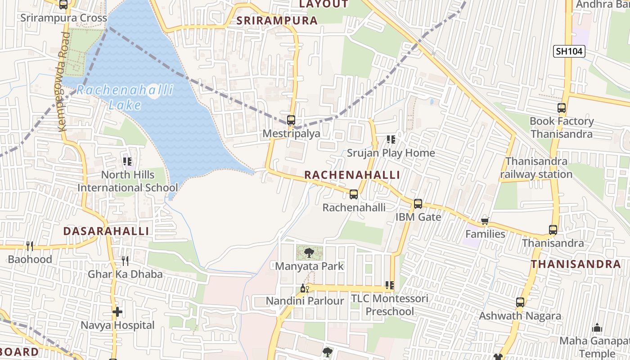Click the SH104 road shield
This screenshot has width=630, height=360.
pyautogui.click(x=569, y=51)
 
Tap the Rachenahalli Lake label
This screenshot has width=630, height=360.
pyautogui.click(x=125, y=97)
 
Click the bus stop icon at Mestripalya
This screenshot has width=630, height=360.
pyautogui.click(x=291, y=120)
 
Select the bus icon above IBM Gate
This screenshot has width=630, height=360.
pyautogui.click(x=418, y=204)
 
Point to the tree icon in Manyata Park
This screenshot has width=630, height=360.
pyautogui.click(x=309, y=253)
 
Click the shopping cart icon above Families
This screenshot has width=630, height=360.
pyautogui.click(x=485, y=221)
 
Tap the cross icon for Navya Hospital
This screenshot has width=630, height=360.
pyautogui.click(x=117, y=311)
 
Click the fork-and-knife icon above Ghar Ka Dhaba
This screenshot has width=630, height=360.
pyautogui.click(x=125, y=261)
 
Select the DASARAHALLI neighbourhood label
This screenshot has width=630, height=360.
pyautogui.click(x=106, y=231)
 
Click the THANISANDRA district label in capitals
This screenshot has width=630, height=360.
pyautogui.click(x=576, y=264)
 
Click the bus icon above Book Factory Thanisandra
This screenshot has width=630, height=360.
pyautogui.click(x=561, y=108)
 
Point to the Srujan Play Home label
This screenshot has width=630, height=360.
pyautogui.click(x=391, y=153)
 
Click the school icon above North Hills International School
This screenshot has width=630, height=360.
pyautogui.click(x=127, y=161)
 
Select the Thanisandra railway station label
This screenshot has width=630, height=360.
pyautogui.click(x=536, y=168)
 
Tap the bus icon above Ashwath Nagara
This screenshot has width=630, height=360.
pyautogui.click(x=520, y=302)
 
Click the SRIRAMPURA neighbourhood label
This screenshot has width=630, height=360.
pyautogui.click(x=277, y=20)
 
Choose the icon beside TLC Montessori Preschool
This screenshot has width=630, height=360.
pyautogui.click(x=390, y=285)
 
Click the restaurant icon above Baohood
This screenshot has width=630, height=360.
pyautogui.click(x=30, y=246)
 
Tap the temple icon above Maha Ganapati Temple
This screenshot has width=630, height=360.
pyautogui.click(x=597, y=327)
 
